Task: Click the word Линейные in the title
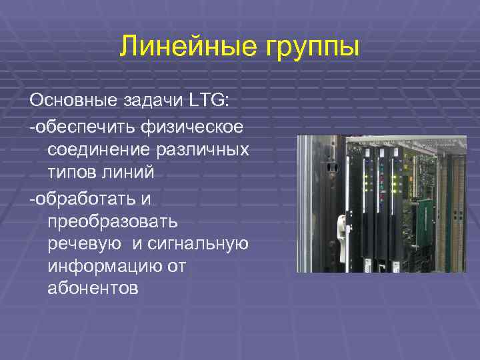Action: click(180, 47)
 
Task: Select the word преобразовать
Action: click(111, 221)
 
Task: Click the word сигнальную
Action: click(202, 245)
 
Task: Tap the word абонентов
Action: click(93, 289)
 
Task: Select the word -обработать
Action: click(81, 197)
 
